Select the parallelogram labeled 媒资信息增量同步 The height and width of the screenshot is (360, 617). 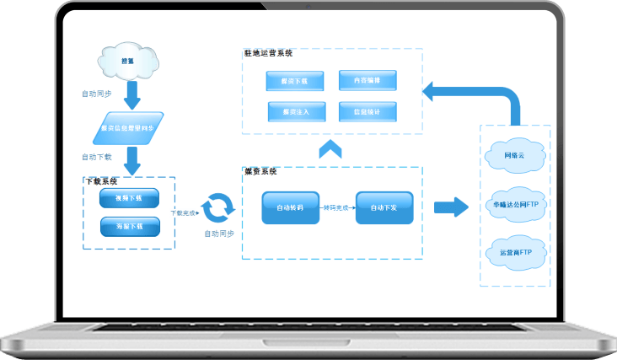pos(126,127)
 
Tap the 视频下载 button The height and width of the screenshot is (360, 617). pos(130,199)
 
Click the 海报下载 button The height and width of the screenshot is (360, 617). pos(130,226)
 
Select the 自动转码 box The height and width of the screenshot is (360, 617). pos(290,207)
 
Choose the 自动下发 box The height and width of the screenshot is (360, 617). pos(384,207)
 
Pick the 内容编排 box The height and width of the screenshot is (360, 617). pos(367,81)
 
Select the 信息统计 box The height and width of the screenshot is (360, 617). pos(367,111)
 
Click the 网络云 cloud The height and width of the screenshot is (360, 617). pos(514,155)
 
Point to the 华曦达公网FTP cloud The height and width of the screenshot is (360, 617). pos(514,204)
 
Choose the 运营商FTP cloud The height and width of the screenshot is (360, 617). pos(514,252)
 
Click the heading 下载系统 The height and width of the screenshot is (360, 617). pos(101,180)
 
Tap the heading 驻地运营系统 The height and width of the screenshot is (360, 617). pos(268,53)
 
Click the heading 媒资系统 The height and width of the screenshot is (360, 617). pos(260,171)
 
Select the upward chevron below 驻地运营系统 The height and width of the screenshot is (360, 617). pos(330,149)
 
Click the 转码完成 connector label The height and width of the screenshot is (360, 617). pos(337,207)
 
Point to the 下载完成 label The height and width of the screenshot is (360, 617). pos(183,212)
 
